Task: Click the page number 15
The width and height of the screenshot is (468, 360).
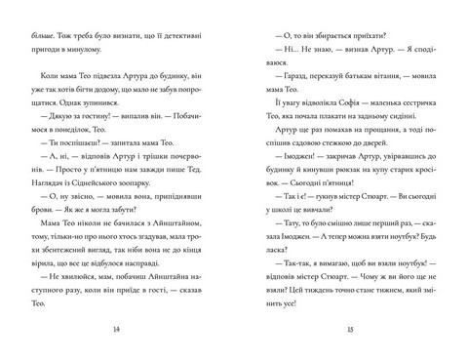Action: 351,332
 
